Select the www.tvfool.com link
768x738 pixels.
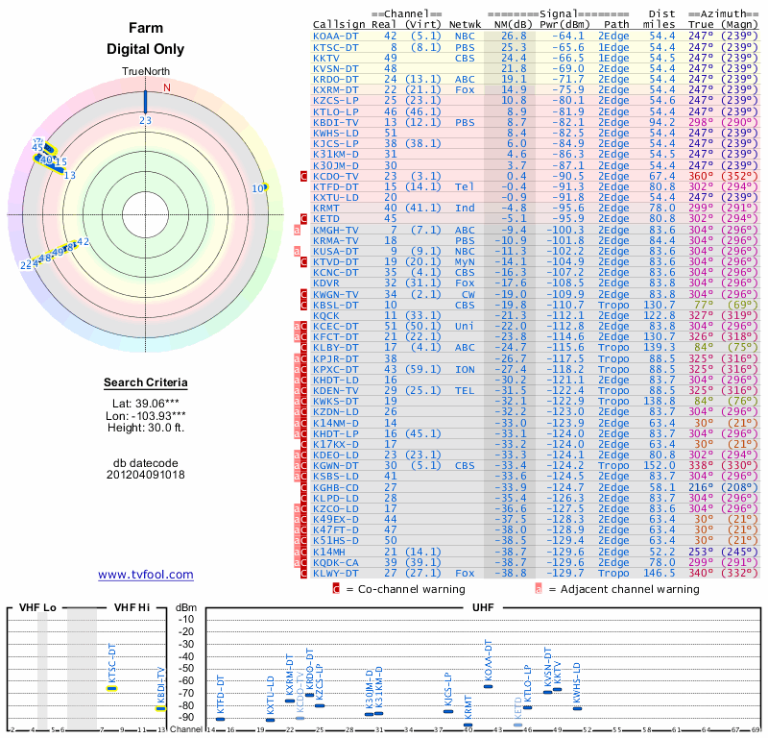point(145,575)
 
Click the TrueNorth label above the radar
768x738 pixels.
point(145,73)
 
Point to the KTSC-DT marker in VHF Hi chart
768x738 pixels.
point(111,687)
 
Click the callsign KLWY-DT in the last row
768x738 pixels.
point(335,573)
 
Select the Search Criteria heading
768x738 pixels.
point(145,383)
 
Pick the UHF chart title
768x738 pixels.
point(485,608)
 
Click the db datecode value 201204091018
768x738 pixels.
point(145,474)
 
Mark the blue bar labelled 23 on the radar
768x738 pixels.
point(145,101)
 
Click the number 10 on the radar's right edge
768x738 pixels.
point(257,188)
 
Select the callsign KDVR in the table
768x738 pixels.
point(326,283)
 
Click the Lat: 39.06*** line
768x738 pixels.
point(145,405)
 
